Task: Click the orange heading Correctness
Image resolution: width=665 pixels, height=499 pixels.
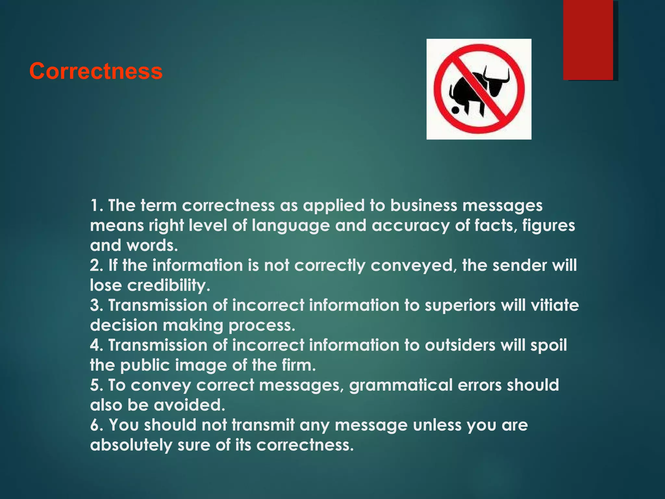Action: [96, 71]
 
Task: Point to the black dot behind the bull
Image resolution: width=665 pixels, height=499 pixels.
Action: [456, 110]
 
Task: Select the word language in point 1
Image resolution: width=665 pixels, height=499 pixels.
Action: [291, 226]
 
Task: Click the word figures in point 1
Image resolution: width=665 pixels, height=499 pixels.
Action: [548, 226]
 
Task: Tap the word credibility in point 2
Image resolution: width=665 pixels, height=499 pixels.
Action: [169, 285]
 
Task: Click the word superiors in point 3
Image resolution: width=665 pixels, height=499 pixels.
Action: [460, 305]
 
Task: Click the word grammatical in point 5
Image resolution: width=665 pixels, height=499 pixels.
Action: [401, 385]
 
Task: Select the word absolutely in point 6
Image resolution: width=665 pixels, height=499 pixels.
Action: [131, 445]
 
